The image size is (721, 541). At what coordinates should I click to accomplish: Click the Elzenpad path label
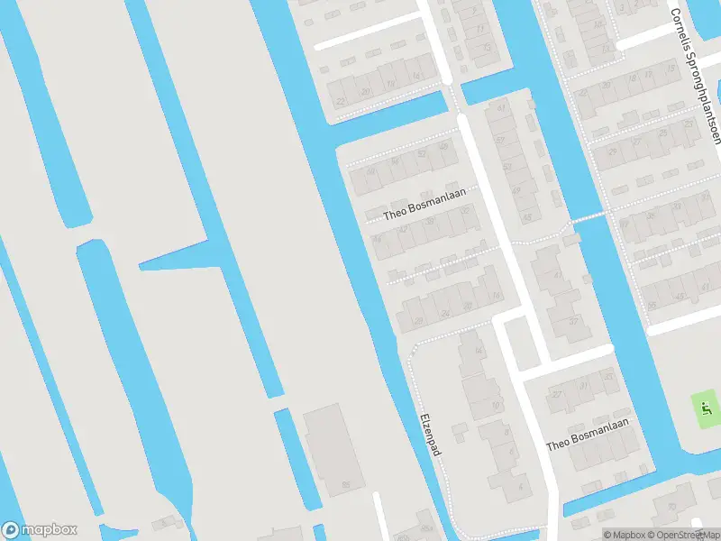click(x=430, y=433)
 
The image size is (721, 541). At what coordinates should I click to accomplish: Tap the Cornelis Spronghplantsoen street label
click(x=696, y=76)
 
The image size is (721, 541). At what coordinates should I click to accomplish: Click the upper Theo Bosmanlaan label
click(x=416, y=211)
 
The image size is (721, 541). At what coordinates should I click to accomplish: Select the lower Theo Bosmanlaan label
click(x=587, y=435)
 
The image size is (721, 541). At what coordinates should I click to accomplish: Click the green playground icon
click(x=705, y=409)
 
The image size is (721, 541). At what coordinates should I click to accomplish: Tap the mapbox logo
click(x=39, y=530)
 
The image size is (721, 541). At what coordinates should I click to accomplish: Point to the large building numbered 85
click(x=333, y=451)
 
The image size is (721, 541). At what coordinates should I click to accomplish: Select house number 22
click(x=340, y=102)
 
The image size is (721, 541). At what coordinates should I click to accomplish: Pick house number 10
click(x=494, y=407)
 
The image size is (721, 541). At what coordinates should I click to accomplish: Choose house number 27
click(x=557, y=395)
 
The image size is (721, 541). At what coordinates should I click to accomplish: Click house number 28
click(x=416, y=321)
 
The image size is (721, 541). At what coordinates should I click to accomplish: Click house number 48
click(x=443, y=147)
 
